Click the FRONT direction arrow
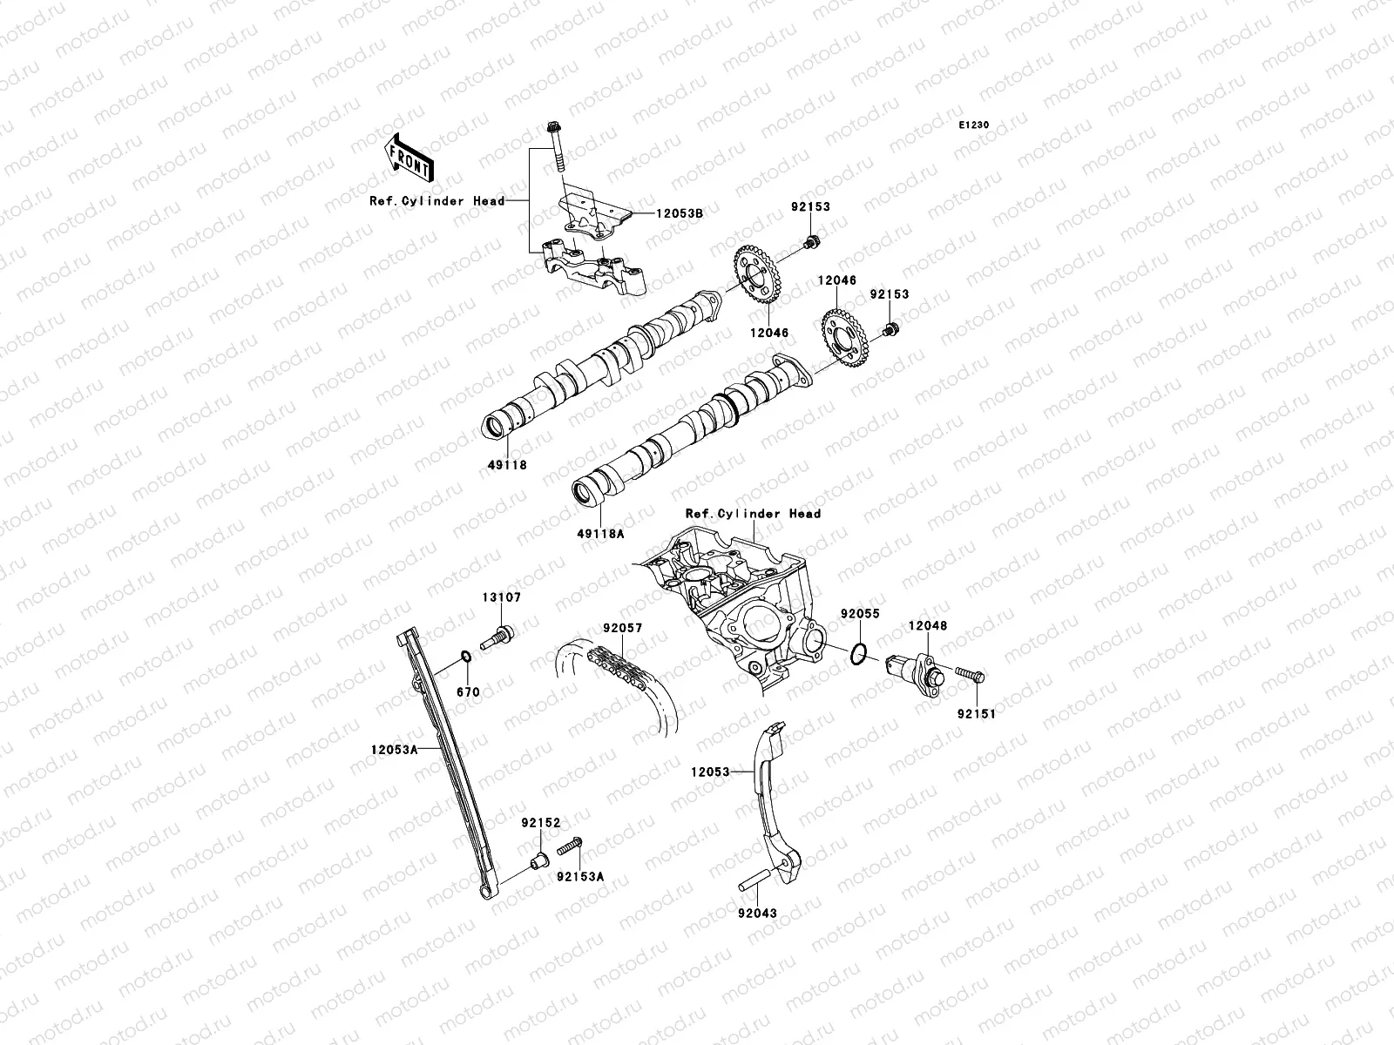pos(409,155)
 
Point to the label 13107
pos(502,597)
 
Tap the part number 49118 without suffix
pos(506,465)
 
